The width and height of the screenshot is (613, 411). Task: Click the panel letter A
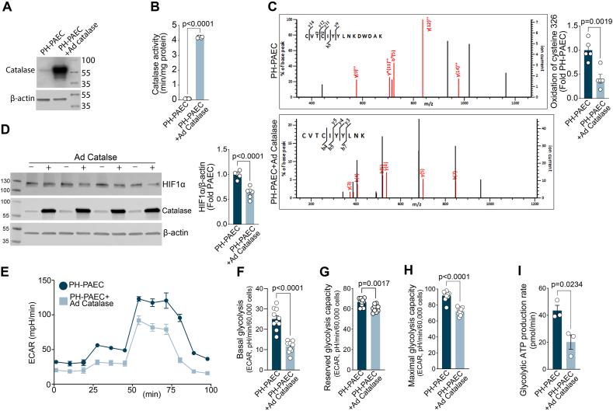coord(6,7)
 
